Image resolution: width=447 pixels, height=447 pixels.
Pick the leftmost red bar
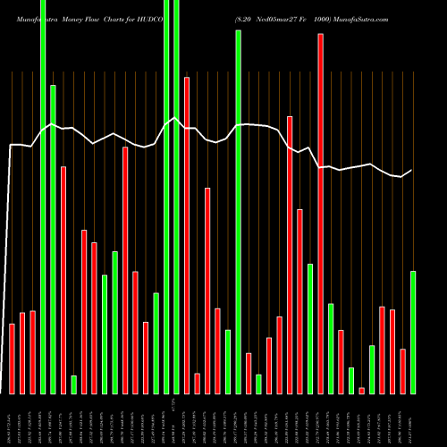[x=12, y=358]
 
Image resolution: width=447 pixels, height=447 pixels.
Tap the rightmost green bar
[x=413, y=332]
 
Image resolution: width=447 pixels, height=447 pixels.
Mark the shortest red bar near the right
[x=361, y=391]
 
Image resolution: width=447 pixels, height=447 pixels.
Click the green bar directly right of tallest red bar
[x=331, y=349]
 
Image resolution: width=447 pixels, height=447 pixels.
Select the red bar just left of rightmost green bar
[x=402, y=371]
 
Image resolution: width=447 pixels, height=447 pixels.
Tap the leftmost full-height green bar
[x=43, y=197]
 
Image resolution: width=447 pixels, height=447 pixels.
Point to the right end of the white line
[x=411, y=170]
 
